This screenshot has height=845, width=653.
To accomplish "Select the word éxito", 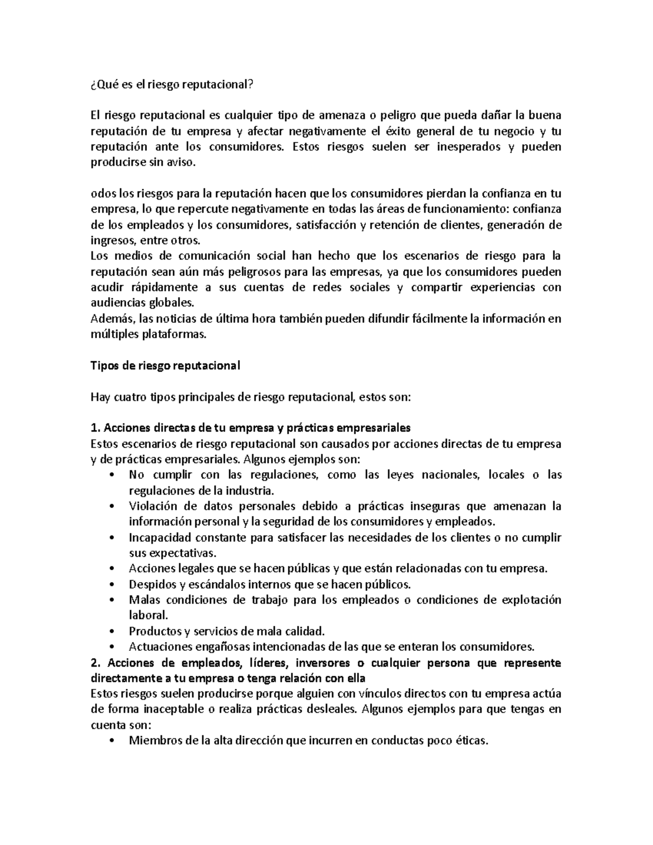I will tap(391, 131).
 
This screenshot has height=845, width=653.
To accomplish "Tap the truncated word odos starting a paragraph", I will tap(102, 193).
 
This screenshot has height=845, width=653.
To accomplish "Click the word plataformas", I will tap(175, 335).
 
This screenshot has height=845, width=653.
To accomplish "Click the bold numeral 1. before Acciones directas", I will tap(94, 428).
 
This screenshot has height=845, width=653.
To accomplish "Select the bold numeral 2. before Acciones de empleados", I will tap(95, 663).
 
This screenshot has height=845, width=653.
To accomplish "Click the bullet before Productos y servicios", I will tap(112, 632).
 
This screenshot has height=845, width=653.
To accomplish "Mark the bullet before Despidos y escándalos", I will tap(112, 585).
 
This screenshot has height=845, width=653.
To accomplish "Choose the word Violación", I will tap(152, 506).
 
